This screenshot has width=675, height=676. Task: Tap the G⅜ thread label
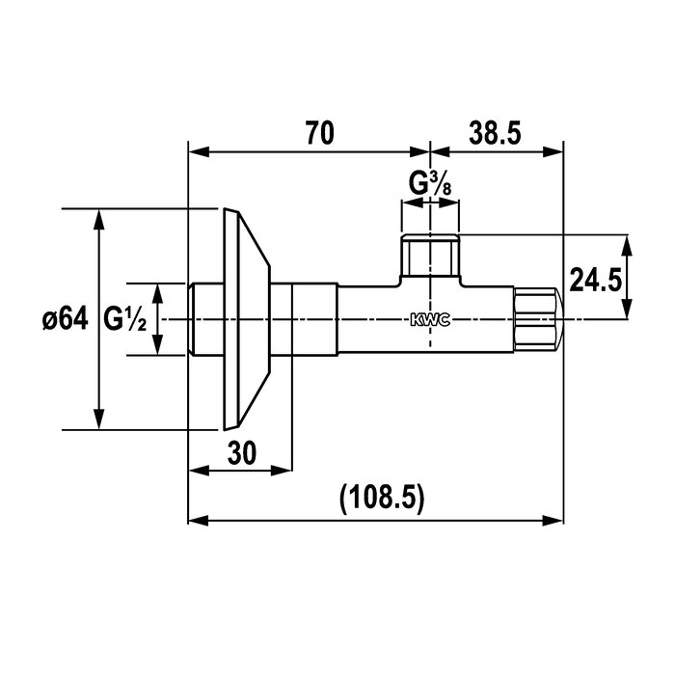(x=430, y=183)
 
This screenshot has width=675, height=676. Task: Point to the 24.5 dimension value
(x=596, y=280)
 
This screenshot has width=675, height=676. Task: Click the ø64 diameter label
(x=65, y=319)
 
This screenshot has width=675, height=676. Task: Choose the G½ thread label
(x=125, y=319)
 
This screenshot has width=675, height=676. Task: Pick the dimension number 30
(x=242, y=452)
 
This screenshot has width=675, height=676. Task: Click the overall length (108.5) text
(x=382, y=499)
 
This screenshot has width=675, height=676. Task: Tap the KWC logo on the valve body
(x=430, y=320)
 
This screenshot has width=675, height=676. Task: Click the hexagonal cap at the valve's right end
(x=537, y=319)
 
